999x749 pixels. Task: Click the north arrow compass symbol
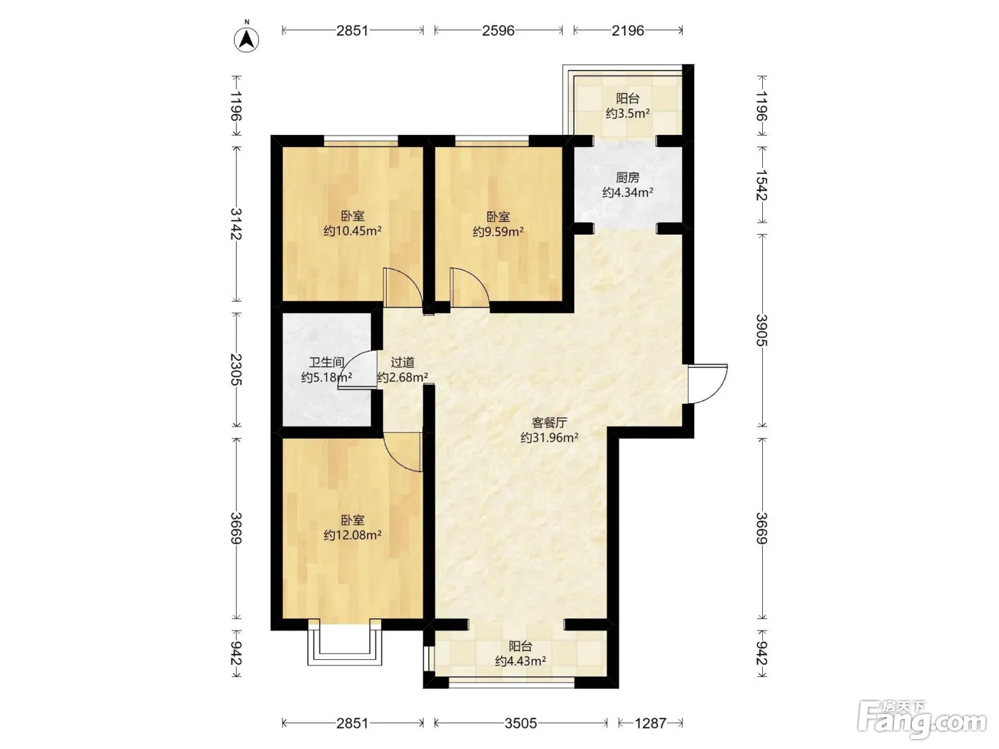[x=247, y=39]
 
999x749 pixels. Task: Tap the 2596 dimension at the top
[x=498, y=31]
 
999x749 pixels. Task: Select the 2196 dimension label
[x=628, y=31]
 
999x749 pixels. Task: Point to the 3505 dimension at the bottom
[x=521, y=723]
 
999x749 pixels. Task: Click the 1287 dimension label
[x=650, y=723]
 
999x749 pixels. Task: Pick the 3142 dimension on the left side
[x=235, y=224]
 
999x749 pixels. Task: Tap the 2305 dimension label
[x=235, y=370]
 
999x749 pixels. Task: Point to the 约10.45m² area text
[x=353, y=231]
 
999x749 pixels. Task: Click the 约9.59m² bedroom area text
[x=498, y=232]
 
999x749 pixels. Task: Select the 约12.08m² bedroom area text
[x=353, y=535]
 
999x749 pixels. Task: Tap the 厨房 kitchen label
[x=628, y=178]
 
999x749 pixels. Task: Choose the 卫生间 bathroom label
[x=327, y=362]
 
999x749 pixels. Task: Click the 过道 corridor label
[x=402, y=362]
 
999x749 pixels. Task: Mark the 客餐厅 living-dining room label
[x=549, y=423]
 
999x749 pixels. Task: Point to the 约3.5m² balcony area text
[x=628, y=113]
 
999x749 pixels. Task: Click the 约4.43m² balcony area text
[x=521, y=661]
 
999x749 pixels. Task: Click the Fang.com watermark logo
[x=921, y=720]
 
